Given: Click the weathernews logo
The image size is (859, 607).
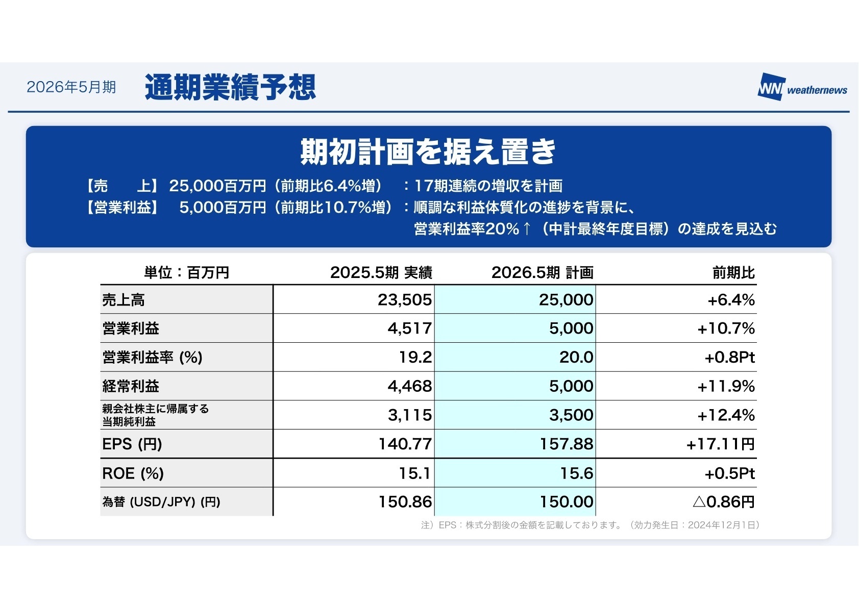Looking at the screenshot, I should tap(802, 88).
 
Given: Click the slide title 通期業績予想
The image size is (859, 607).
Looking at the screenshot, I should tap(230, 87).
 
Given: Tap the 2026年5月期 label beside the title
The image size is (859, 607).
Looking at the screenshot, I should tap(71, 87).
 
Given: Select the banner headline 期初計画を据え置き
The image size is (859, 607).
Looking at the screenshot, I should tap(428, 151).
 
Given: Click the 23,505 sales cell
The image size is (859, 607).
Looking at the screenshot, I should tap(404, 300).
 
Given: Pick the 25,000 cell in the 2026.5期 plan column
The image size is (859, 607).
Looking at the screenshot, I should tap(566, 300).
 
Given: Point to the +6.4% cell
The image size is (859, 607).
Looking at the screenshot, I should tap(730, 300).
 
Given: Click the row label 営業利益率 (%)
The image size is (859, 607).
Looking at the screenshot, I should tap(152, 357).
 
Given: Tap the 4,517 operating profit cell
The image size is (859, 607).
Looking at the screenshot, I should tap(409, 328).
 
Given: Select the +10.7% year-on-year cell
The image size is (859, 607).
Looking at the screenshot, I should tap(726, 328).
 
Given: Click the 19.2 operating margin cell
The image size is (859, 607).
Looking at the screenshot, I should tap(415, 357).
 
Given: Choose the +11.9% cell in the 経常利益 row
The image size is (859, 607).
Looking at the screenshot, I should tap(726, 386).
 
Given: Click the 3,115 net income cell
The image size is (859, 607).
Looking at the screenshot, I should tap(409, 415).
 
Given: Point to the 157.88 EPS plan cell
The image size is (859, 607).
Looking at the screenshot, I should tap(566, 444).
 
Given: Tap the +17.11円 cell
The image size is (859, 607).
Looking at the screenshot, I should tap(720, 444).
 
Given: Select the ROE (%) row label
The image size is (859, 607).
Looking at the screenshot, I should tap(133, 473).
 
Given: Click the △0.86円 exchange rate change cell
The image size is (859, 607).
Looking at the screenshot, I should tap(723, 502).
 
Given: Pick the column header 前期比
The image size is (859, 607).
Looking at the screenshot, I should tap(733, 273).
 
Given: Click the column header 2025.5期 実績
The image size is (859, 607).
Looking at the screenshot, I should tap(381, 273).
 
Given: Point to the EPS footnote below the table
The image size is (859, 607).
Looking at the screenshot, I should tap(590, 525).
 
